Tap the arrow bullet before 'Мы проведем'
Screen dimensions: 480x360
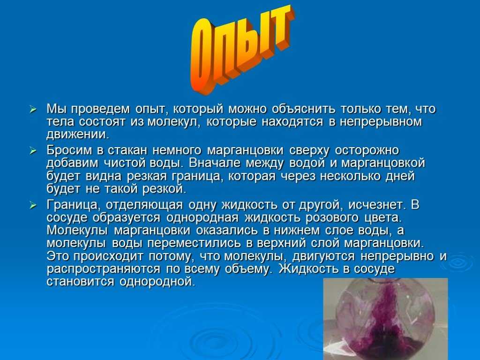[x=33, y=109]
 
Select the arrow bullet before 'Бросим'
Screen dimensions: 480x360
[x=33, y=150]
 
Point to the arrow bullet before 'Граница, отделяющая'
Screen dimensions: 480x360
[x=33, y=205]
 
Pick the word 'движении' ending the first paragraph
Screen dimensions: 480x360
[x=78, y=135]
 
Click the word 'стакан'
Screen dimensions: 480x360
[x=128, y=150]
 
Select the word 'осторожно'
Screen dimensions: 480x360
[x=367, y=150]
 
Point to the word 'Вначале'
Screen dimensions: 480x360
[x=214, y=163]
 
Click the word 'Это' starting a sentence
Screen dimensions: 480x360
[x=58, y=256]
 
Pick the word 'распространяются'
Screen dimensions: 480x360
[x=103, y=270]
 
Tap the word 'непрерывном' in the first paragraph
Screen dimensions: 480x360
[x=381, y=122]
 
